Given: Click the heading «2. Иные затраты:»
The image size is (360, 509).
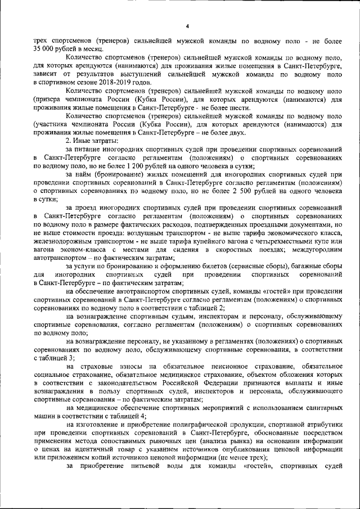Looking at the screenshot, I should (92, 140).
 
